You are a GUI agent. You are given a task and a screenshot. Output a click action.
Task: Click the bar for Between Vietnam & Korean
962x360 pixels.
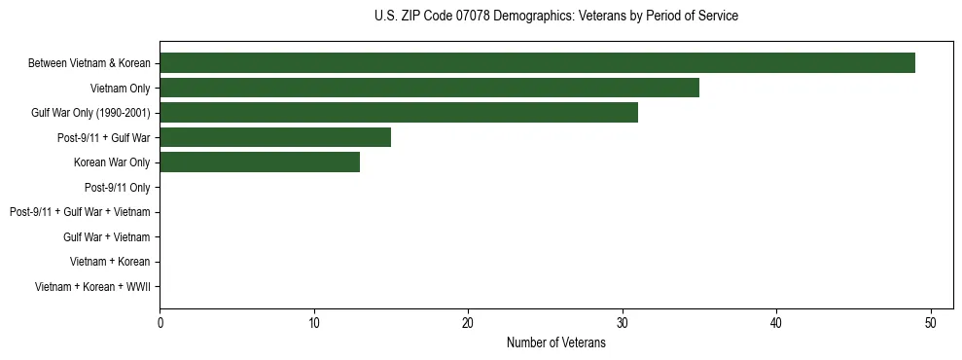point(537,63)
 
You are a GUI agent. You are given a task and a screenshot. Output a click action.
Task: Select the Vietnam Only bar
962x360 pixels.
point(429,89)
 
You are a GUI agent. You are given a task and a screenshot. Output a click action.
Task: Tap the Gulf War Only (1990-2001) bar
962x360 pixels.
point(399,113)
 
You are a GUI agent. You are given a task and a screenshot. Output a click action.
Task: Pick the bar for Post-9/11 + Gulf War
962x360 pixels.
point(275,137)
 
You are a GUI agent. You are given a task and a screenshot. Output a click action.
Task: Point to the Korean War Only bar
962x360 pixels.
point(260,162)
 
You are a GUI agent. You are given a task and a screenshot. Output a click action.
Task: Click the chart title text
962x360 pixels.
point(555,17)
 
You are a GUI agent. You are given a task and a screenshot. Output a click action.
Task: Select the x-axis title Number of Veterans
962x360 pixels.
point(555,342)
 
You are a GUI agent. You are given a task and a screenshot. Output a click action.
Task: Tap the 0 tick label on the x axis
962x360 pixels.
point(160,323)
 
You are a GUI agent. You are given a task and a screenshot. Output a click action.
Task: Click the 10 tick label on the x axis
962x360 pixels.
point(314,323)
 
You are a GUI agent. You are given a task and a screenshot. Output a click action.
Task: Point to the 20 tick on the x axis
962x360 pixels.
point(468,323)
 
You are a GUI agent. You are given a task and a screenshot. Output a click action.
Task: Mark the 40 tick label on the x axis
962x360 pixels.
point(776,323)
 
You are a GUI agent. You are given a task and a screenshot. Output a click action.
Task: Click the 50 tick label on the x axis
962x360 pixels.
point(931,323)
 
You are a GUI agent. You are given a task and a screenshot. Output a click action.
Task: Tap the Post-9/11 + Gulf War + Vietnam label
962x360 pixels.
point(80,212)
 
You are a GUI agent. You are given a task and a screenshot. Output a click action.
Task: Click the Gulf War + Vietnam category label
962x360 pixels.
point(106,236)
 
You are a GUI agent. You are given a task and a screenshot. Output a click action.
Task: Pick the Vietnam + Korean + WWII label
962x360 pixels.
point(92,286)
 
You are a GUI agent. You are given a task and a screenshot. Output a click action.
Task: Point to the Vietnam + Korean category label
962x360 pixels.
point(110,262)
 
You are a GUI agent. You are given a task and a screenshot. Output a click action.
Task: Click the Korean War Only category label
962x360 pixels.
point(112,162)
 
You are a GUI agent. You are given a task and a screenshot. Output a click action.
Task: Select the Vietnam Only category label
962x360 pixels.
point(121,89)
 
